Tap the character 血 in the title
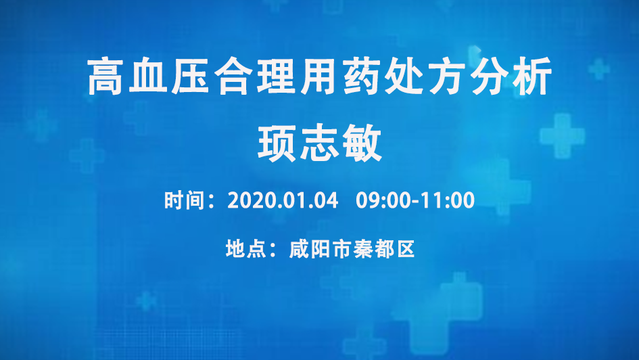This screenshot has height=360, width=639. click(x=148, y=76)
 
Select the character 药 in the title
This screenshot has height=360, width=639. click(x=362, y=76)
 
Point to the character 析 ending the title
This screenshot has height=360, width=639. click(x=533, y=76)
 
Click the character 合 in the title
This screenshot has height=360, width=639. click(x=233, y=76)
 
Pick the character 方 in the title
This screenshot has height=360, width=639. click(x=448, y=76)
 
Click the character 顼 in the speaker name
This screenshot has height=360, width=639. click(x=277, y=143)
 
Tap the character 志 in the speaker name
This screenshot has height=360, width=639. click(x=320, y=143)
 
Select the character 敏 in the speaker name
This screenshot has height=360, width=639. click(x=362, y=143)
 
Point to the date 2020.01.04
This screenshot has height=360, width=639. click(x=283, y=200)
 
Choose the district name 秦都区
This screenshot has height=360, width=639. click(x=384, y=249)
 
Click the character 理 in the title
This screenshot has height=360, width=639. click(x=277, y=76)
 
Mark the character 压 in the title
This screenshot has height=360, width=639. click(x=191, y=76)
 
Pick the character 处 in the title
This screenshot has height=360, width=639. click(x=405, y=76)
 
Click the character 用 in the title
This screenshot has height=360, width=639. click(x=319, y=76)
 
